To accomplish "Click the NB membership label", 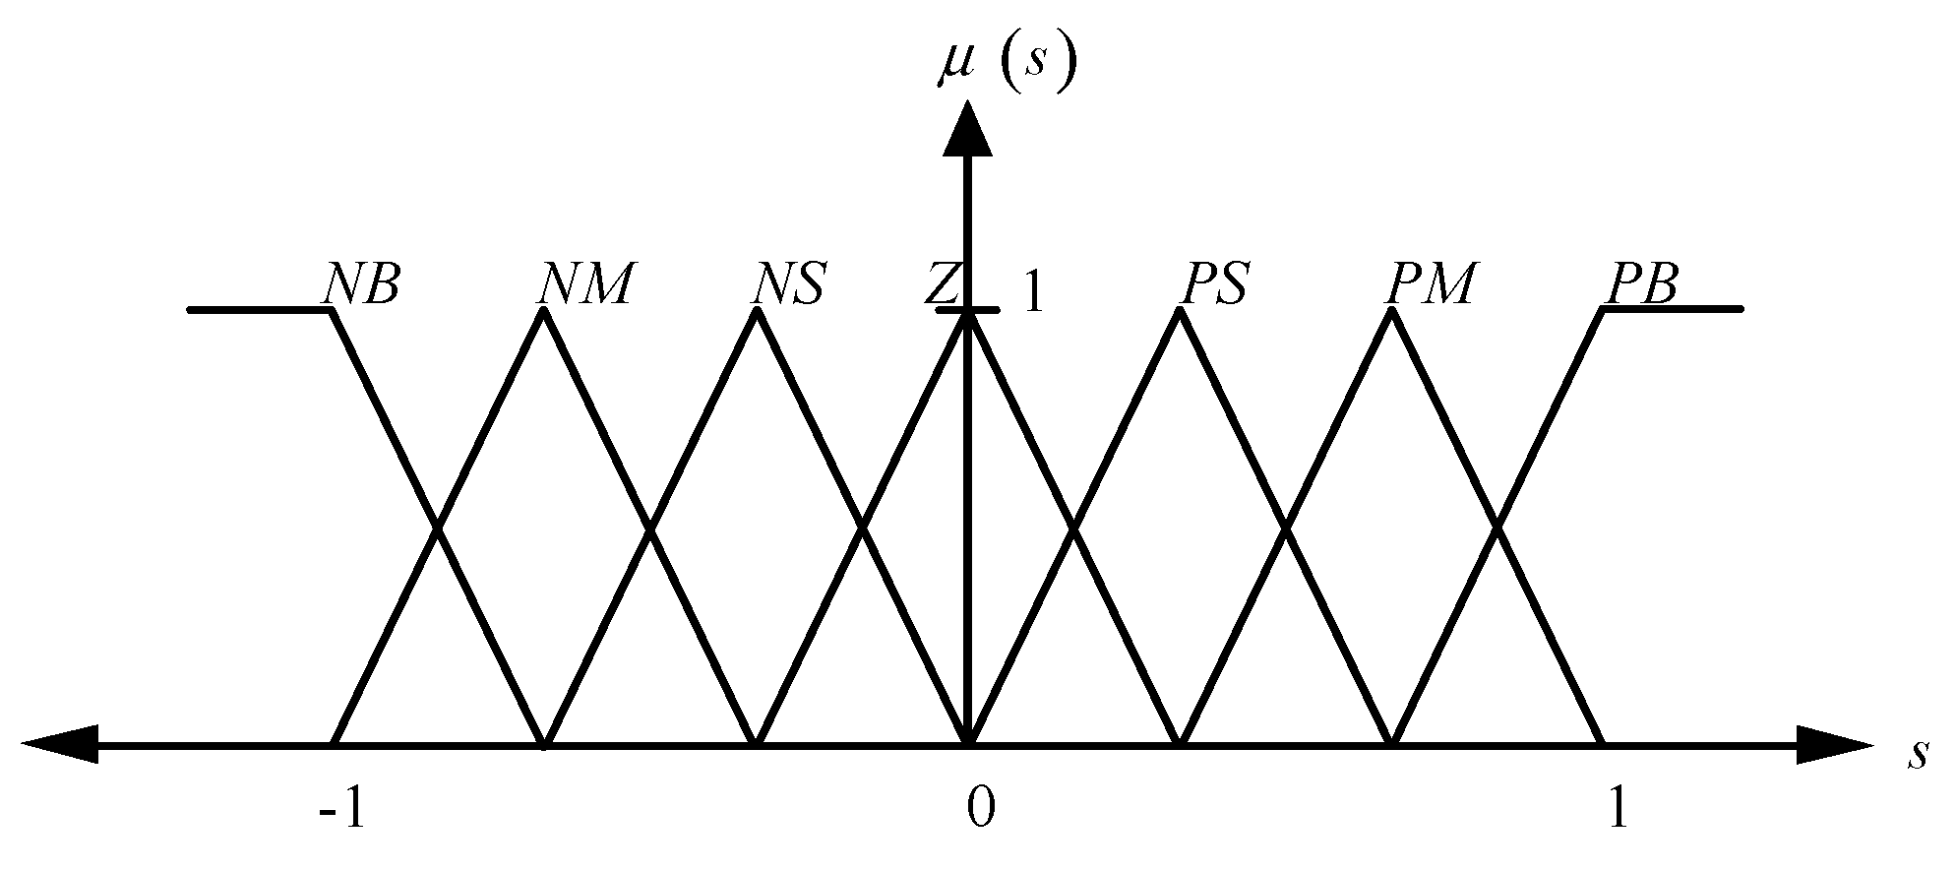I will pos(361,284).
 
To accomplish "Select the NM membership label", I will pos(584,284).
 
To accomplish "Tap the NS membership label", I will pos(788,284).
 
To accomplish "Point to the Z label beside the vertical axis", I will pos(941,284).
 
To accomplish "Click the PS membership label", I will pos(1213,284).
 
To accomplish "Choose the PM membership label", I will pos(1430,284).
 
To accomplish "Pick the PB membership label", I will pos(1641,284).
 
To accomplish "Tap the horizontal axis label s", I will pos(1916,753).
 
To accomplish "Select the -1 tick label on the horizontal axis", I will pos(342,809).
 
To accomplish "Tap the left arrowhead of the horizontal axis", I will pos(59,744).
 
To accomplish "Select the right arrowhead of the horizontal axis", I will pos(1833,744).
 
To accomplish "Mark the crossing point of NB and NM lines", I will pos(438,529).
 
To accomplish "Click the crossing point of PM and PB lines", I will pos(1497,529).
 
